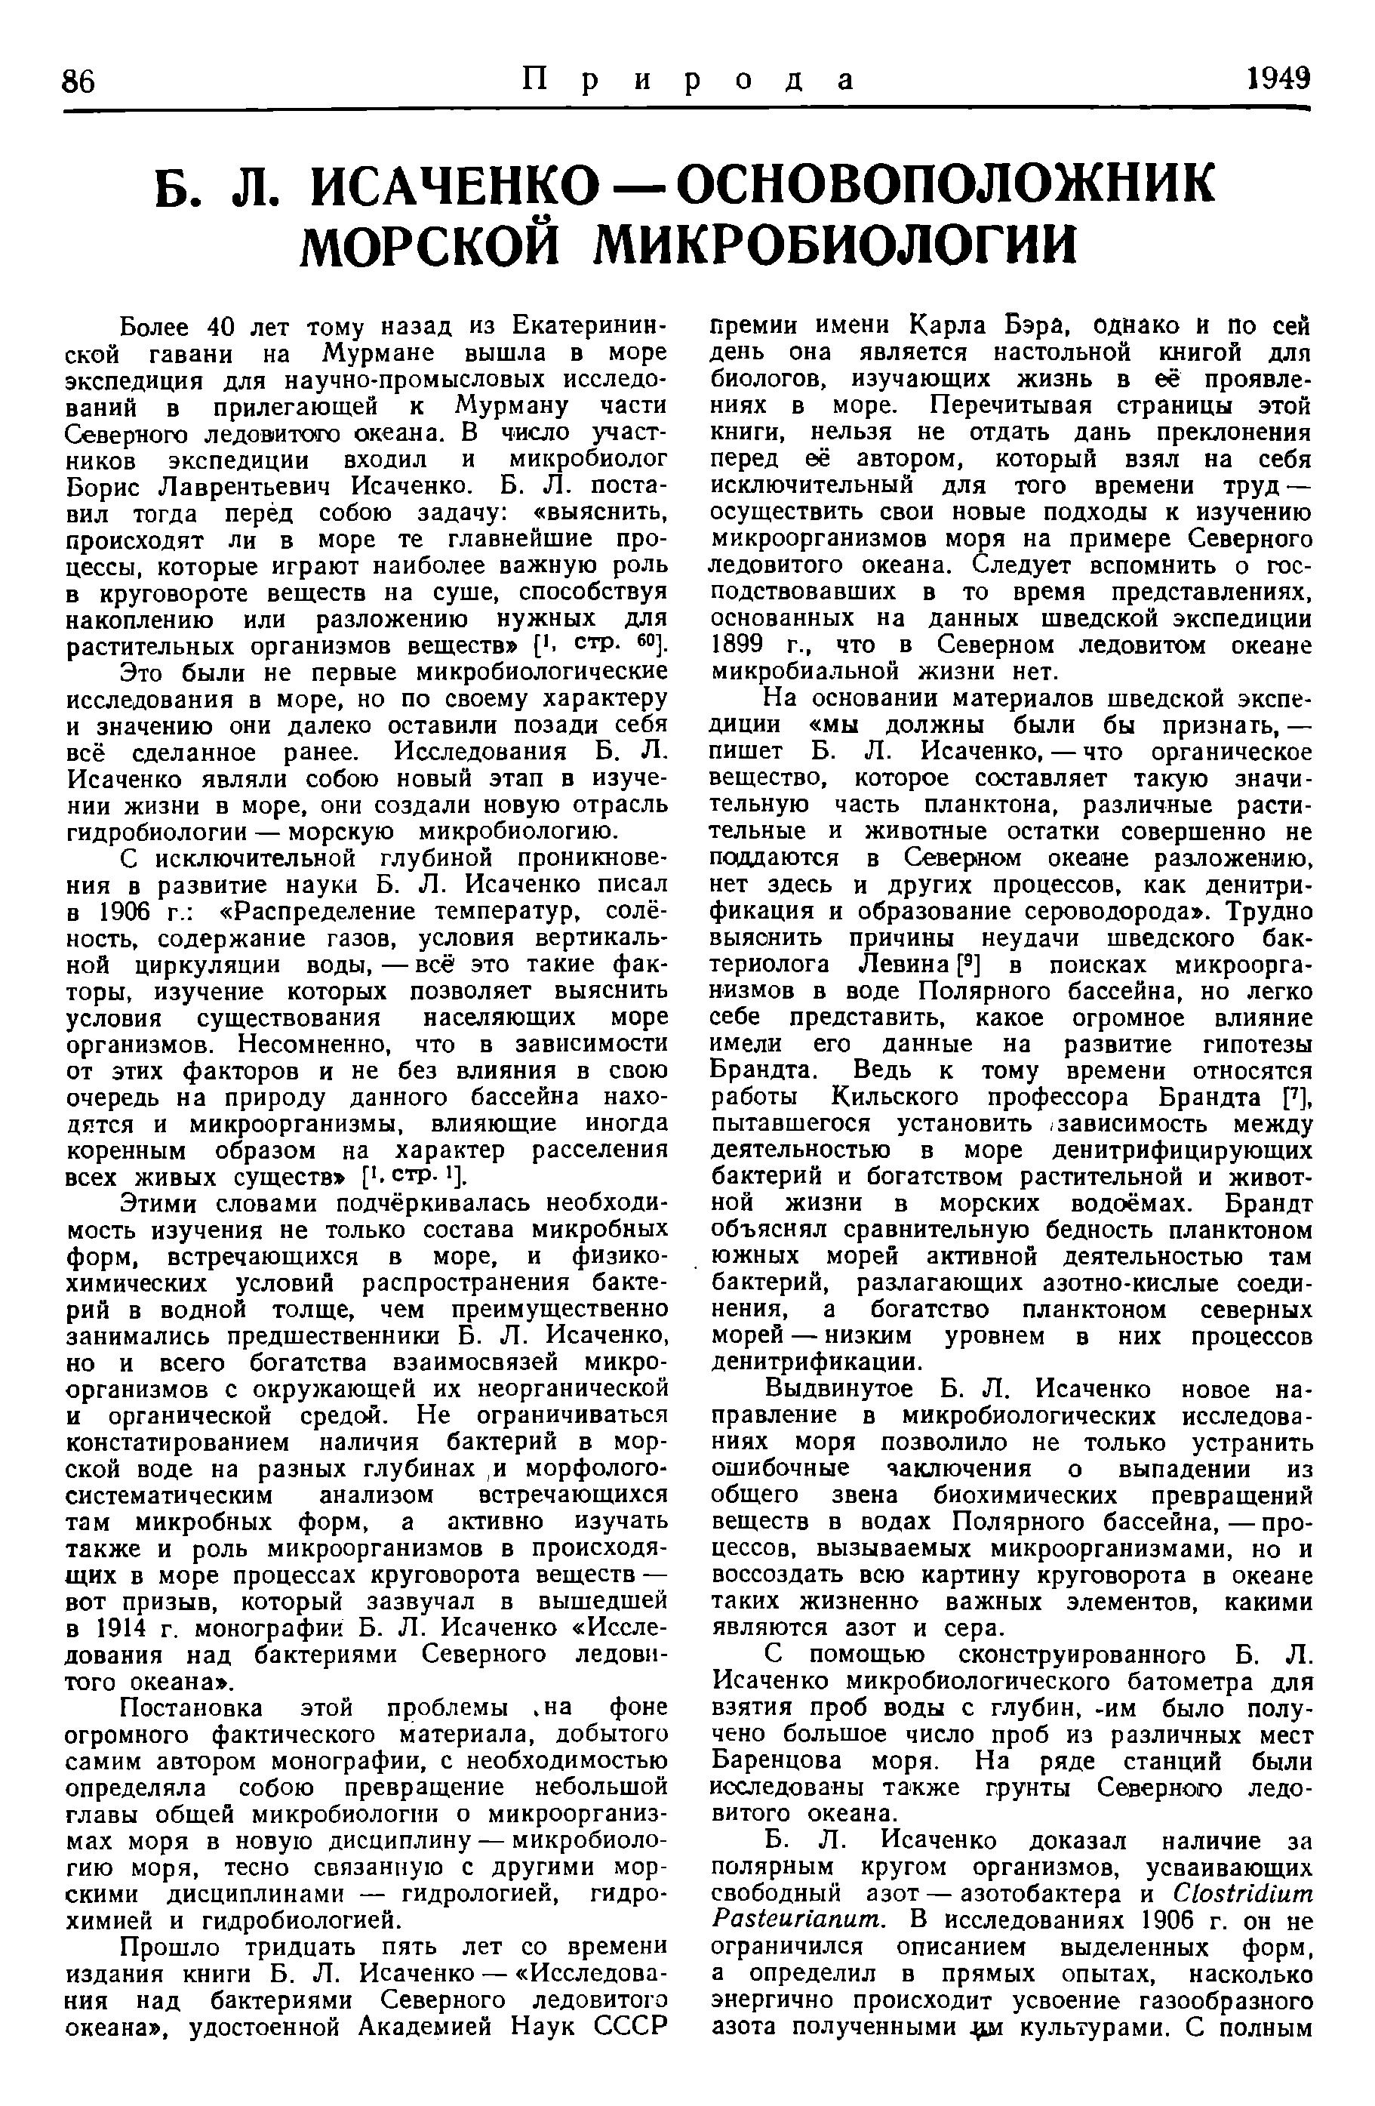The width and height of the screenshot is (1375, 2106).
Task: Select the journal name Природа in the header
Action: coord(687,81)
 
